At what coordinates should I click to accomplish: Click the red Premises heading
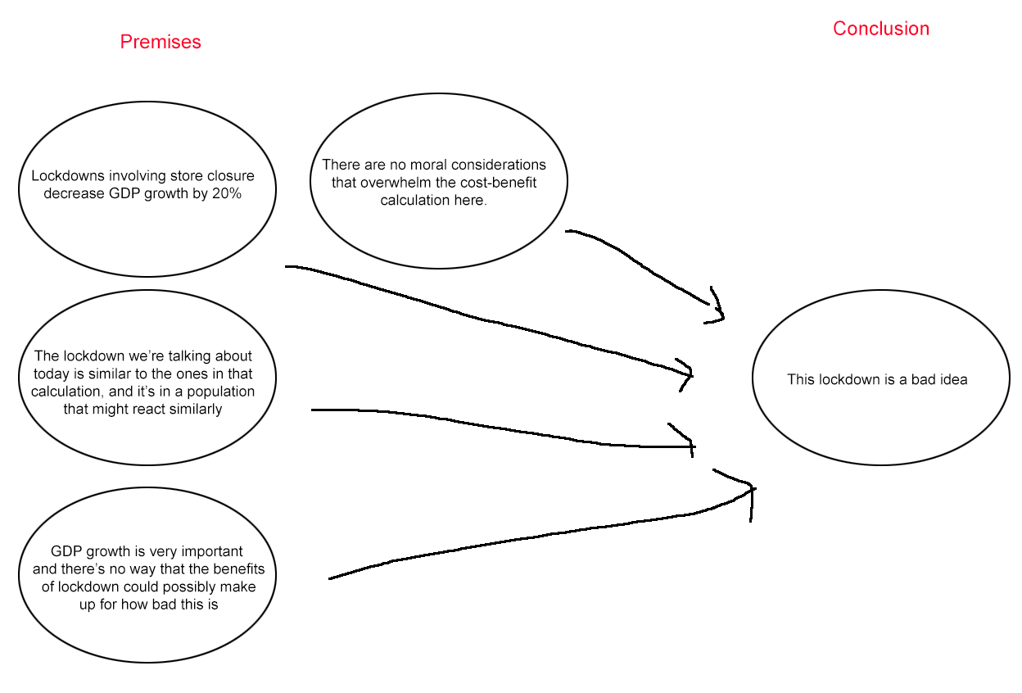[161, 42]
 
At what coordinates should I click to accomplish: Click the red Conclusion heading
[880, 29]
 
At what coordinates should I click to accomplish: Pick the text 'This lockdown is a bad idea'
[877, 379]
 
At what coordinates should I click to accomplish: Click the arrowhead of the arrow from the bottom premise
[752, 491]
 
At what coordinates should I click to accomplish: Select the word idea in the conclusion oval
[954, 379]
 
